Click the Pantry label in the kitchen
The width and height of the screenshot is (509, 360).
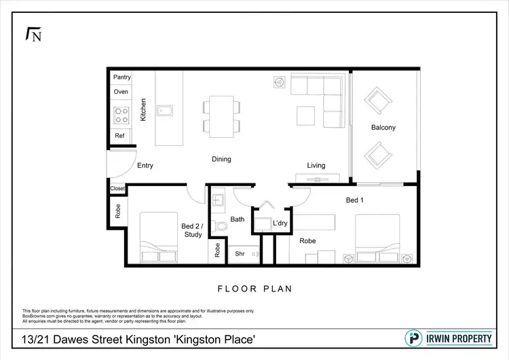(x=122, y=77)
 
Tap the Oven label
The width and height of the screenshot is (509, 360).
(x=121, y=92)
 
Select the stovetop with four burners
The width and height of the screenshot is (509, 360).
(x=121, y=115)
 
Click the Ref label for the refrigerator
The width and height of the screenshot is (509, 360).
(x=119, y=136)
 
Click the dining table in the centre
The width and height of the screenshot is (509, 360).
(x=221, y=114)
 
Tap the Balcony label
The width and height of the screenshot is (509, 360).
(x=383, y=128)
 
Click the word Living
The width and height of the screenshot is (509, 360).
(x=316, y=165)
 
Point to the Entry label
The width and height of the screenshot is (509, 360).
(x=145, y=165)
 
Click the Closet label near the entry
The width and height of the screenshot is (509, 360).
(x=117, y=189)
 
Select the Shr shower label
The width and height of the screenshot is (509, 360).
(x=240, y=253)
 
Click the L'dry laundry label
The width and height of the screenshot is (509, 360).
(x=280, y=223)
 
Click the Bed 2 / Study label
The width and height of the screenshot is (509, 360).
(x=192, y=230)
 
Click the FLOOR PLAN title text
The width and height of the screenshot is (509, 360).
(x=254, y=289)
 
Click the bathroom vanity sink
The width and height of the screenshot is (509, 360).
(x=219, y=201)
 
